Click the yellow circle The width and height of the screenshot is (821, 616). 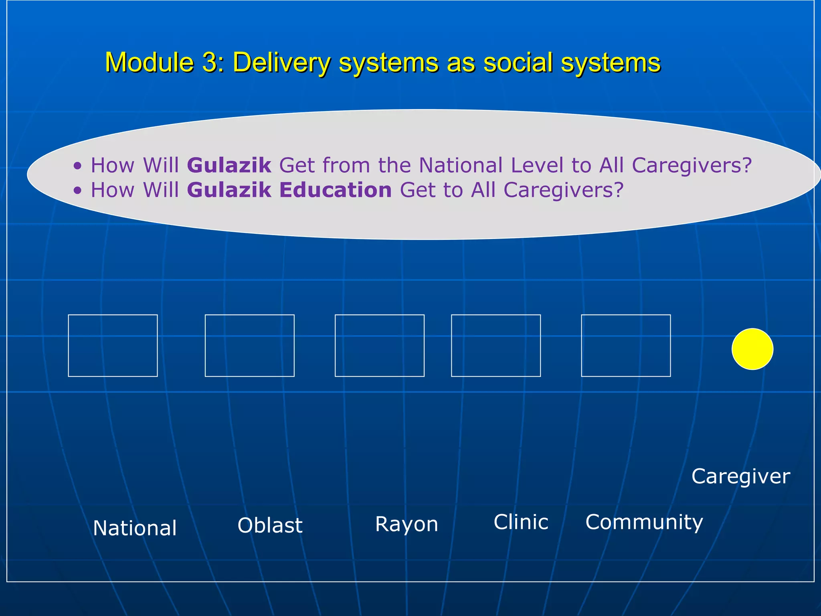[x=752, y=349]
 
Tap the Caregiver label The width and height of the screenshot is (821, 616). [x=740, y=476]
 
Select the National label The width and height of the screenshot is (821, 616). [x=135, y=528]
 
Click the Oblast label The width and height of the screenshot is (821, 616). [x=270, y=525]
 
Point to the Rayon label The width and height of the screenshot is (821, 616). [x=406, y=524]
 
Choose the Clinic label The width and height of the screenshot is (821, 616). [x=521, y=522]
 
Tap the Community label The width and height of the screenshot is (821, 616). [x=644, y=522]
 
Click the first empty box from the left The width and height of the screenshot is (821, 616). [x=113, y=345]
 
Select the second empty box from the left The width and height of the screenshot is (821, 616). [x=249, y=345]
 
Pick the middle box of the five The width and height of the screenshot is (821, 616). [x=379, y=345]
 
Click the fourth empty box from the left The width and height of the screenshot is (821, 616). [x=495, y=345]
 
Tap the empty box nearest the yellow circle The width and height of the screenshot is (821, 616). [x=625, y=345]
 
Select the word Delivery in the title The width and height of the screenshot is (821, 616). [x=282, y=63]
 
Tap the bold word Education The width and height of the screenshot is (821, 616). [x=335, y=190]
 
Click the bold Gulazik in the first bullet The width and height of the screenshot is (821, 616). [x=229, y=165]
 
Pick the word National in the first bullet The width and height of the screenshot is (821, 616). [x=461, y=165]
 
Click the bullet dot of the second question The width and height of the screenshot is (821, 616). [x=77, y=191]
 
